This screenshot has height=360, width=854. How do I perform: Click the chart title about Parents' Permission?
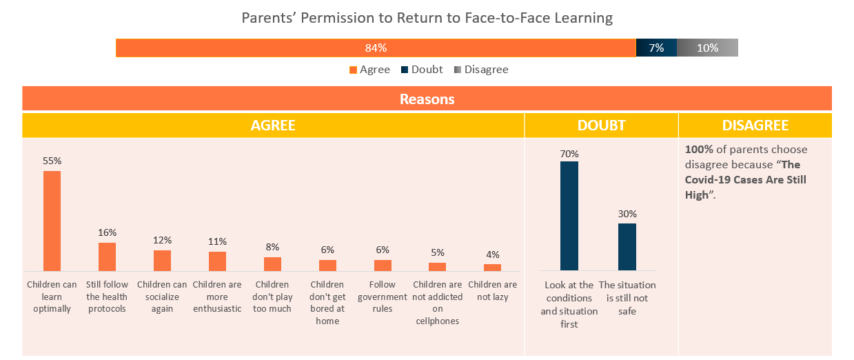(x=427, y=18)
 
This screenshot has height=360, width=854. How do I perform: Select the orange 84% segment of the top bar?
(x=376, y=48)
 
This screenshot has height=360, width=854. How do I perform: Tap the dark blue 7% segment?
(x=656, y=48)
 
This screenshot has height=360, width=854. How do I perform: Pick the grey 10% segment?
(x=707, y=48)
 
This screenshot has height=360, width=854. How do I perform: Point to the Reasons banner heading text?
(x=427, y=99)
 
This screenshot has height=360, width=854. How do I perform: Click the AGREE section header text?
(x=273, y=126)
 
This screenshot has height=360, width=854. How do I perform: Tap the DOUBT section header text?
(x=601, y=126)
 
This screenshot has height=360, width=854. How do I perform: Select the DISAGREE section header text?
(x=755, y=126)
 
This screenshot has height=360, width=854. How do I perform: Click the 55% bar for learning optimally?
(x=52, y=221)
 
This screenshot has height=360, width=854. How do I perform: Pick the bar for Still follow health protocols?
(x=107, y=257)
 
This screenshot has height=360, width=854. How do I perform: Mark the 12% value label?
(x=162, y=240)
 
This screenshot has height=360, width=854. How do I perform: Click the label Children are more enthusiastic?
(x=217, y=297)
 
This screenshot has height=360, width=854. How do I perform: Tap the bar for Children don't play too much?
(x=272, y=263)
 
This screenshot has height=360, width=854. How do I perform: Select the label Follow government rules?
(x=383, y=297)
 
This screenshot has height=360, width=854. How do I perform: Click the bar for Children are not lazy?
(x=492, y=267)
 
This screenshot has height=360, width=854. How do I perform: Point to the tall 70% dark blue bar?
(x=569, y=215)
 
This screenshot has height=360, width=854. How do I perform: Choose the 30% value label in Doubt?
(x=627, y=214)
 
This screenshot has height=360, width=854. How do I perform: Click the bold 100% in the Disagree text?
(x=699, y=150)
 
